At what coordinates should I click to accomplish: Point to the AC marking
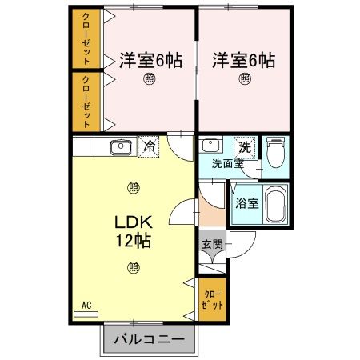pos(86,305)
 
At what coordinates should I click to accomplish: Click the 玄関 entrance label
pos(211,244)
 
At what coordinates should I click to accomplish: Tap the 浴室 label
pos(246,203)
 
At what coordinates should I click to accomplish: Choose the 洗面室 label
pos(227,164)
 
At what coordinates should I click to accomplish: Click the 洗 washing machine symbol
pos(245,147)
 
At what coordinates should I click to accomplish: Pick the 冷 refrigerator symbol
pos(148,146)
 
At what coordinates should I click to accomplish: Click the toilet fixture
pos(275,151)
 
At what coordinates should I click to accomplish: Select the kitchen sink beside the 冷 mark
pos(121,146)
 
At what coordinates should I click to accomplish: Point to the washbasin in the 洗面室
pos(211,146)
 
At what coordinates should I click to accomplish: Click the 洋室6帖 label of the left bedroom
pos(150,60)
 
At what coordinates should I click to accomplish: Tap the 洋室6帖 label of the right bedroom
pos(244,60)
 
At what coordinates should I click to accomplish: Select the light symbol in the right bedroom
pos(245,79)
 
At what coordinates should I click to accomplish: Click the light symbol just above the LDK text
pos(133,188)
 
